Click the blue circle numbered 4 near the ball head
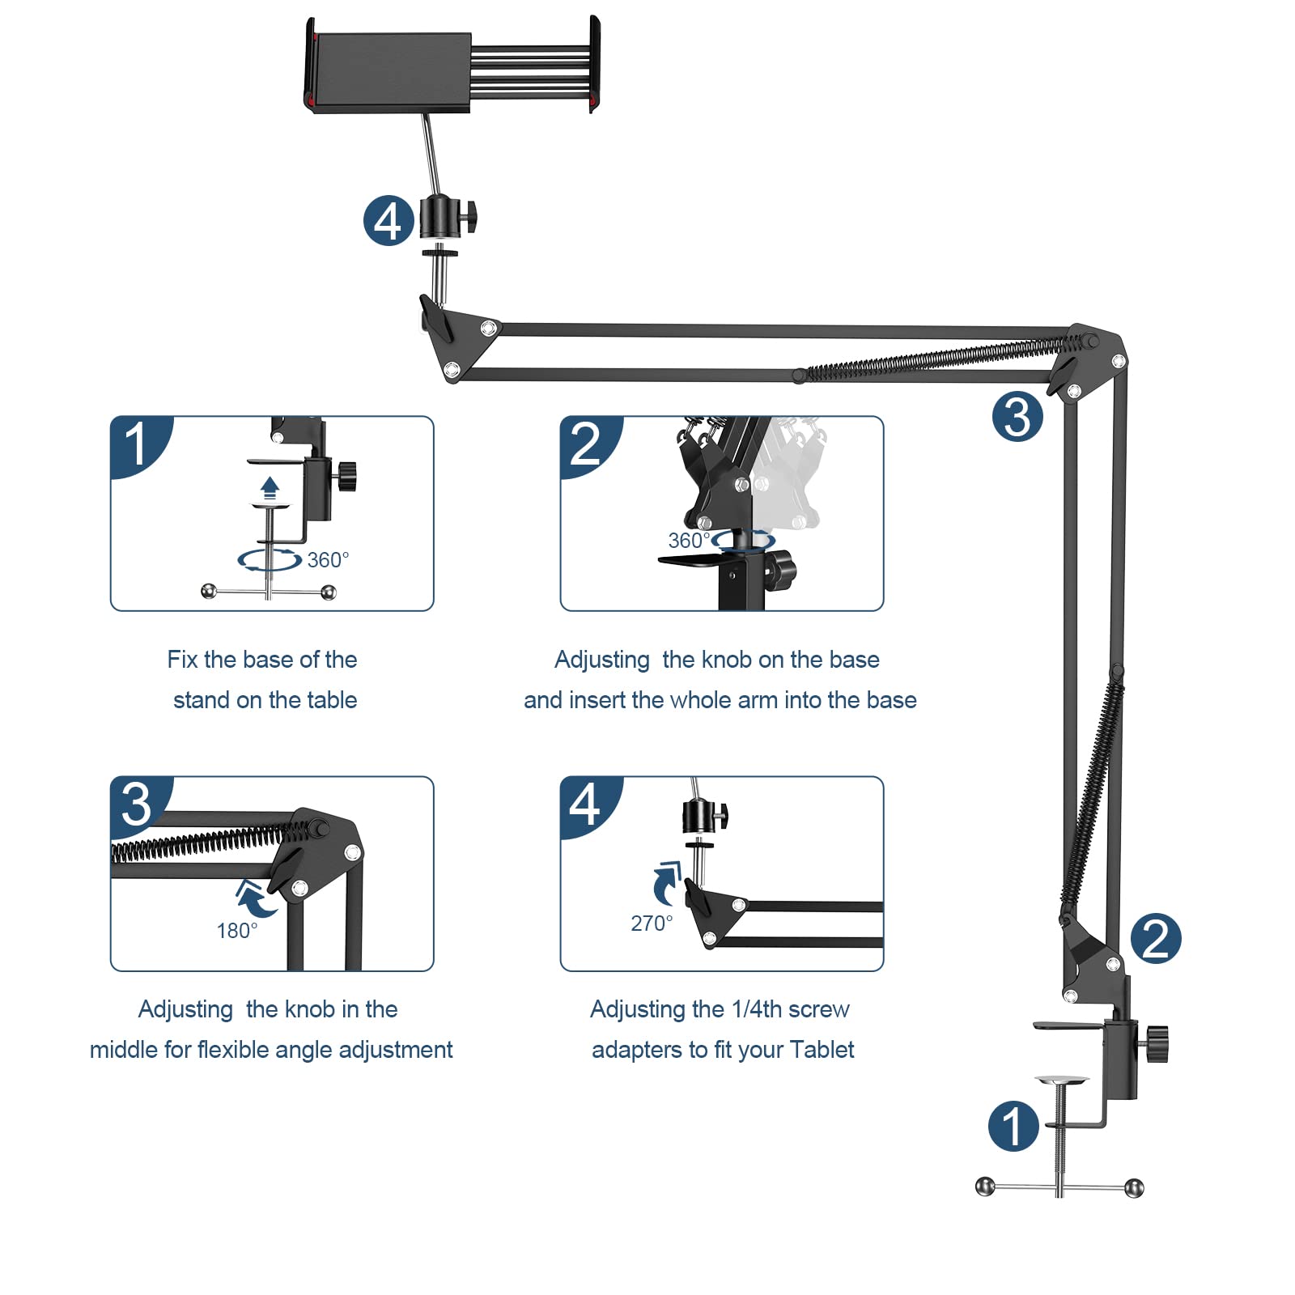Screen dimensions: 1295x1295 [x=388, y=221]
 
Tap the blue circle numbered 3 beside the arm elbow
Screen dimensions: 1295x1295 [x=1017, y=417]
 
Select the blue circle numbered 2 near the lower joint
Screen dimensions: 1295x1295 [x=1156, y=939]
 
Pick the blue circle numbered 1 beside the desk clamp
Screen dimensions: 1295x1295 [x=1013, y=1126]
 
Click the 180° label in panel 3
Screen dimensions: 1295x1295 [x=237, y=931]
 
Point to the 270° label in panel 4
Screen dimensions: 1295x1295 [x=652, y=923]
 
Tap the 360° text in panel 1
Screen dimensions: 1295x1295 [x=328, y=560]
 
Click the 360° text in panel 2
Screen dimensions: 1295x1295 [x=688, y=541]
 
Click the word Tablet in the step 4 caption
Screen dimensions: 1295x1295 [x=822, y=1050]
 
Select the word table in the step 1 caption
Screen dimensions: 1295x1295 [x=329, y=700]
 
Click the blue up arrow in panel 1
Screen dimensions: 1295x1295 [x=270, y=488]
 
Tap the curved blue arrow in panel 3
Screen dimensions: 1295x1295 [x=254, y=898]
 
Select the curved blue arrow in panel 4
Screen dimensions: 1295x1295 [x=666, y=881]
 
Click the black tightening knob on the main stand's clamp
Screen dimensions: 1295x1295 [x=1157, y=1043]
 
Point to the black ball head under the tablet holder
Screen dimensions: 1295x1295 [x=441, y=217]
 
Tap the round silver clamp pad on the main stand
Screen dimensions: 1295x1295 [x=1061, y=1080]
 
